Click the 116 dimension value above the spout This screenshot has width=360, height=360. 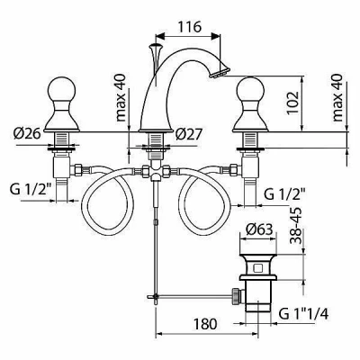click(190, 27)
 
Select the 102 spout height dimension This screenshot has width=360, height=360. click(292, 103)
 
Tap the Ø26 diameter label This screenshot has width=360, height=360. click(27, 133)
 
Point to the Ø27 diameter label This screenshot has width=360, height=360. click(189, 134)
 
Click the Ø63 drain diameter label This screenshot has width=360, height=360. click(259, 230)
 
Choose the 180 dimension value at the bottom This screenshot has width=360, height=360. click(205, 324)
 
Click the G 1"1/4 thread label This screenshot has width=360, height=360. click(303, 314)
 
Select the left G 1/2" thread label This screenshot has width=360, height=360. click(31, 190)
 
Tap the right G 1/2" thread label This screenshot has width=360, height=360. click(285, 194)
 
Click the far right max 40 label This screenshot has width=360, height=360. click(337, 97)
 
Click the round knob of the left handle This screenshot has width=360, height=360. click(61, 89)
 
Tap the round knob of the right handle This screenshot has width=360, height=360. click(250, 89)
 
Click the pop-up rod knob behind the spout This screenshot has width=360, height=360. click(156, 47)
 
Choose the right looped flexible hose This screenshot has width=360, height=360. click(204, 201)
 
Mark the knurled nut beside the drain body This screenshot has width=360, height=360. click(237, 295)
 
